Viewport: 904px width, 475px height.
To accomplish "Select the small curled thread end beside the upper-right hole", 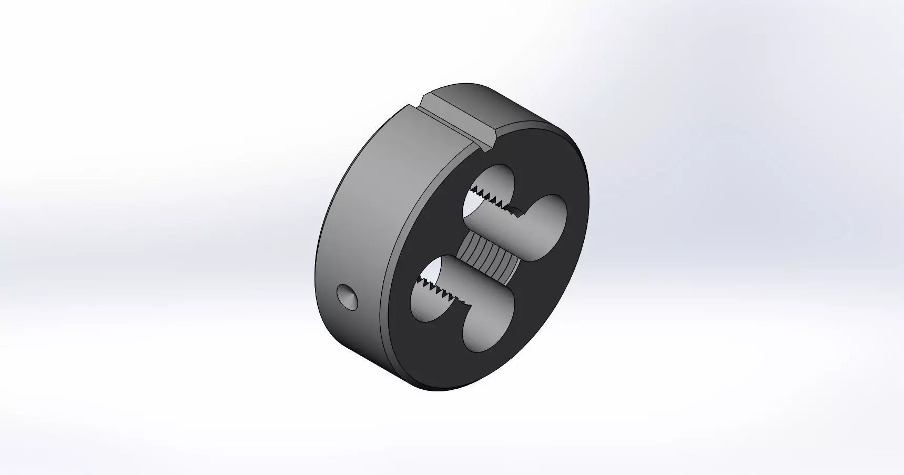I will [516, 211].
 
